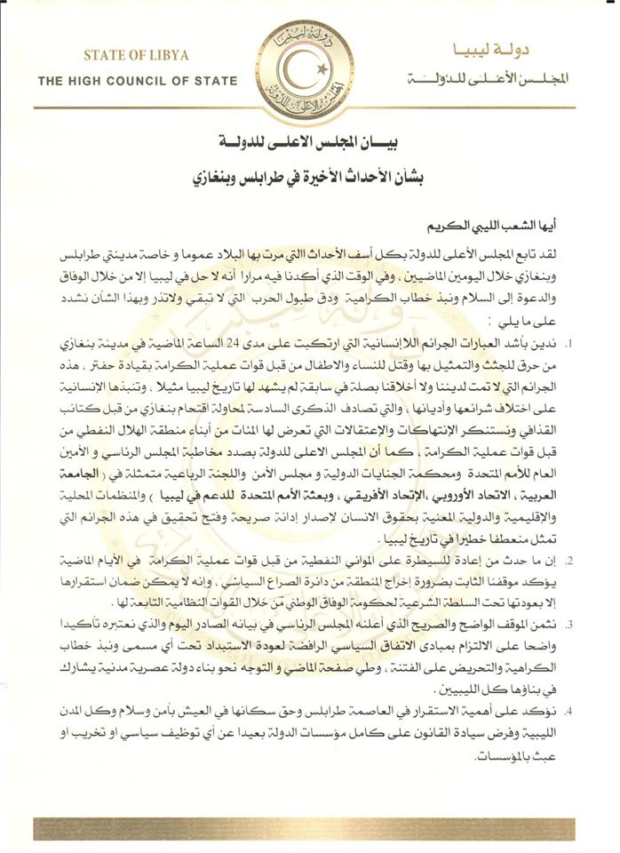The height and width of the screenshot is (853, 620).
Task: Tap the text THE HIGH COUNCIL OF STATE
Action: tap(137, 81)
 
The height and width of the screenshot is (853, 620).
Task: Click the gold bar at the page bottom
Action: tap(310, 830)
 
